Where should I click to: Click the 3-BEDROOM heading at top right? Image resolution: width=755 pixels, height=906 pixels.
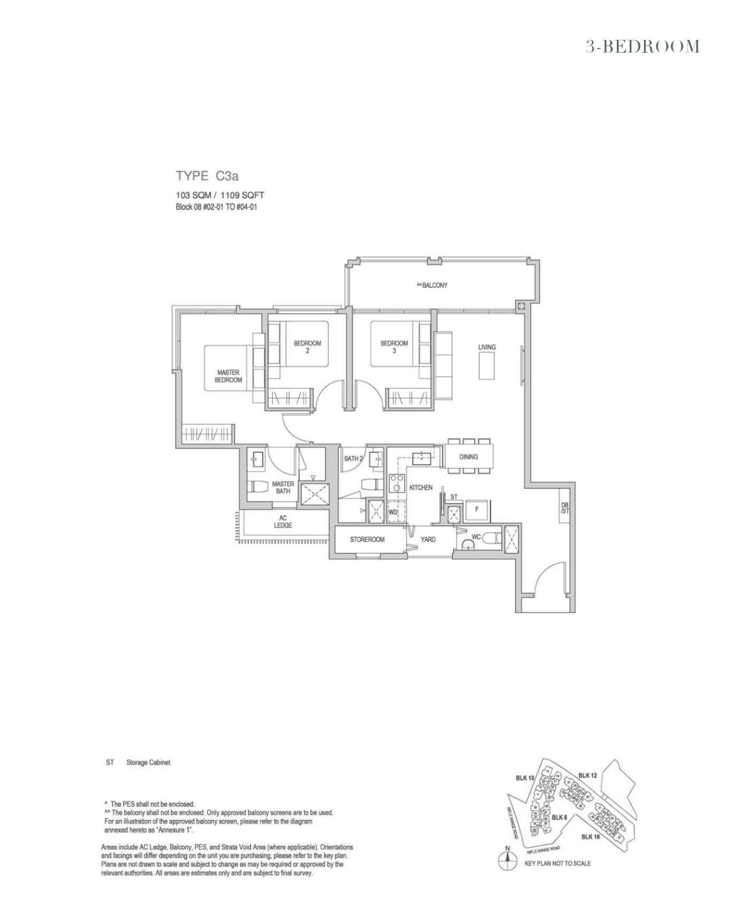(x=642, y=47)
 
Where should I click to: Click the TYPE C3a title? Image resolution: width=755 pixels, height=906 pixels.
(x=207, y=176)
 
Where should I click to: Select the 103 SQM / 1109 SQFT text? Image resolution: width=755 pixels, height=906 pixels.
(x=220, y=195)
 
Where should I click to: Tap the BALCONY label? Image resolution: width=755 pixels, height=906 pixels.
(x=432, y=285)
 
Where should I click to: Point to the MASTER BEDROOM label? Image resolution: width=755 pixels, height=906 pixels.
(x=228, y=376)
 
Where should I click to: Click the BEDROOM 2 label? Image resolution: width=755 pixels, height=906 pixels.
(x=307, y=347)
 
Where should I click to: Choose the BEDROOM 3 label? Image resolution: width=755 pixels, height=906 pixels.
(x=394, y=347)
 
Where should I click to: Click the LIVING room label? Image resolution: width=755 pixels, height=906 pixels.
(x=487, y=347)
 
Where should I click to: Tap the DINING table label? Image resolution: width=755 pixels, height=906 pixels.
(x=469, y=457)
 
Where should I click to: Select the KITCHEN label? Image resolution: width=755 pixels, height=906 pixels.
(x=421, y=488)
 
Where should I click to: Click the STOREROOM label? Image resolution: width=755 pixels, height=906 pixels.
(x=367, y=539)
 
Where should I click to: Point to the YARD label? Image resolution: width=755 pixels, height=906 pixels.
(x=428, y=539)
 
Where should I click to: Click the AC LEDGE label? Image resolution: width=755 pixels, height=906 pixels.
(x=283, y=522)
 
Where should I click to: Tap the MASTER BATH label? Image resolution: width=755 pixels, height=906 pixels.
(x=283, y=487)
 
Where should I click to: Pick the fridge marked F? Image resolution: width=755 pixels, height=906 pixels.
(x=477, y=510)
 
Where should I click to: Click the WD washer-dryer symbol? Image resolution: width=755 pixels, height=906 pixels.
(x=393, y=512)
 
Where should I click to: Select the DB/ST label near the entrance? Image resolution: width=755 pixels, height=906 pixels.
(x=565, y=507)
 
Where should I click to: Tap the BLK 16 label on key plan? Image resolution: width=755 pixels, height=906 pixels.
(x=591, y=837)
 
